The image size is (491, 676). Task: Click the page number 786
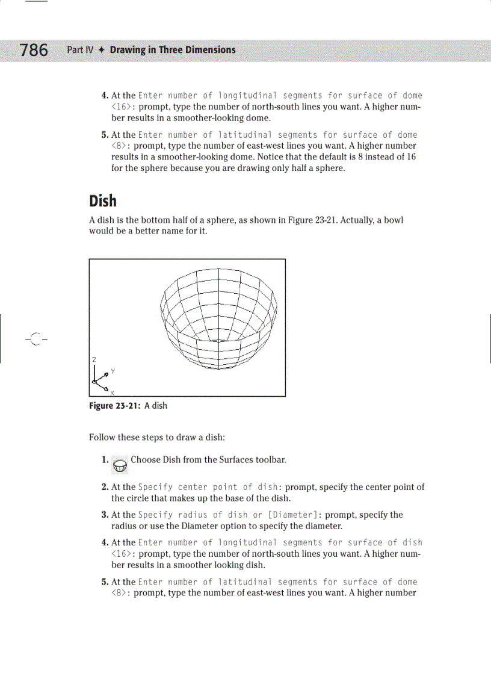click(x=34, y=49)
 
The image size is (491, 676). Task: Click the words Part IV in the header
click(x=80, y=50)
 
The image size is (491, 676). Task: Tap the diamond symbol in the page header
click(x=102, y=50)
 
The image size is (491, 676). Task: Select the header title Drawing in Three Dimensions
click(x=173, y=50)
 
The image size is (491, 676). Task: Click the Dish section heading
click(x=103, y=200)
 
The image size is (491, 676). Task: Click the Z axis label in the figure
click(x=94, y=359)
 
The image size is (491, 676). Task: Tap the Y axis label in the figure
click(x=113, y=371)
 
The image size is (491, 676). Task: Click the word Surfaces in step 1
click(x=223, y=460)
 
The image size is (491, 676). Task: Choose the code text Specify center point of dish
click(x=208, y=487)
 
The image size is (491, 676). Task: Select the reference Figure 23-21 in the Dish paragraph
click(x=307, y=220)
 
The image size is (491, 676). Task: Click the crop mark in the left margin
click(x=36, y=340)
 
